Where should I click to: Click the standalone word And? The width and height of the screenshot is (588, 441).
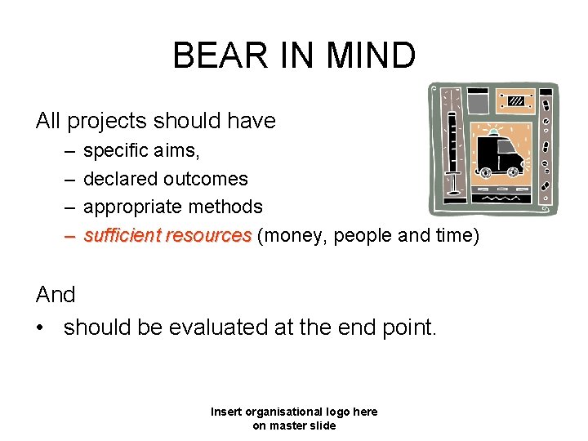coord(56,295)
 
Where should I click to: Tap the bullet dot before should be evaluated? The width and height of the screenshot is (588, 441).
coord(41,327)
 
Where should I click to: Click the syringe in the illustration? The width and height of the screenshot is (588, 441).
coord(452,155)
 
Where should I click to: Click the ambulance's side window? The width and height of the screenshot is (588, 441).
coord(510,149)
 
